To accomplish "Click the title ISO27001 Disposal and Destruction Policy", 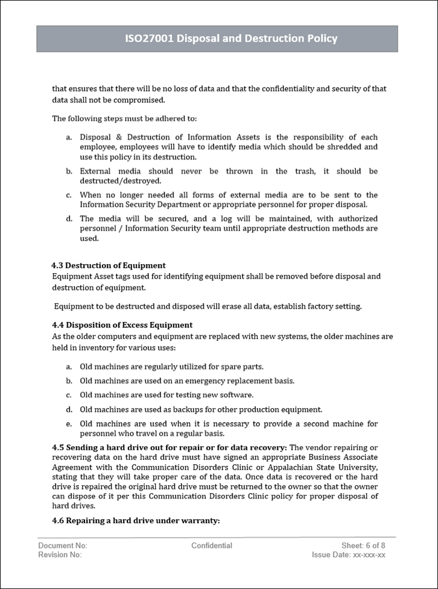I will (231, 39).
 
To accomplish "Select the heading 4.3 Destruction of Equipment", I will (109, 265).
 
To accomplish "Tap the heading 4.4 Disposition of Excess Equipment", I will (122, 325).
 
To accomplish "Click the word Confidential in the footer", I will (212, 546).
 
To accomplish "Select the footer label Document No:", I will (63, 546).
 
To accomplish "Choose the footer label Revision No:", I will (60, 555).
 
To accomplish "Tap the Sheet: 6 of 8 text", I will (363, 546).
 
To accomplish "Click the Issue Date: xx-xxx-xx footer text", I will (348, 555).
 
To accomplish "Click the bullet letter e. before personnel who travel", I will (69, 424).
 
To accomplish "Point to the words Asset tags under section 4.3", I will (107, 277).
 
